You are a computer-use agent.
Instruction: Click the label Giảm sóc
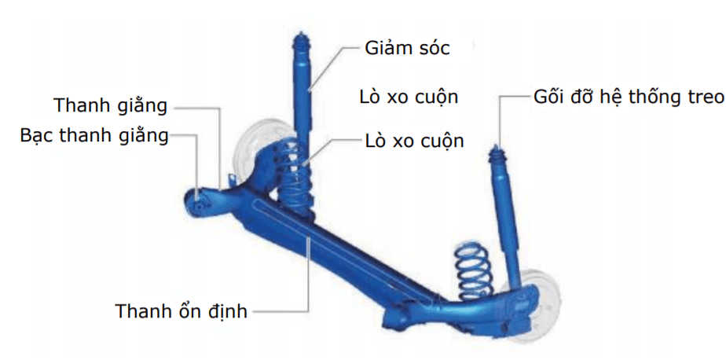407,48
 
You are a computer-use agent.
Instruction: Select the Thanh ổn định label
181,311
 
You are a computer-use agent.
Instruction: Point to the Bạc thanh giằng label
94,136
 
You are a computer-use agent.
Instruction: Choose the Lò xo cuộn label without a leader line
409,97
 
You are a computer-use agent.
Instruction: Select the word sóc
431,48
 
